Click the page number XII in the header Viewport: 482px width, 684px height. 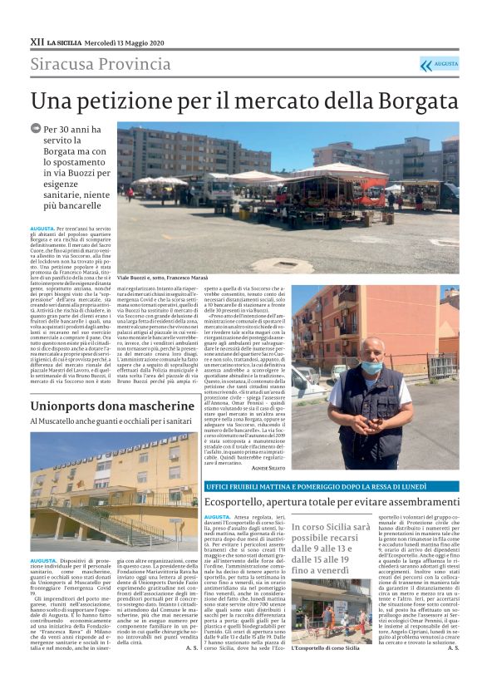(x=37, y=41)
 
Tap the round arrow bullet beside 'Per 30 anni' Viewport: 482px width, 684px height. (x=36, y=129)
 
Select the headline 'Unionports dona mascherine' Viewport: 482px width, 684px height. (x=113, y=405)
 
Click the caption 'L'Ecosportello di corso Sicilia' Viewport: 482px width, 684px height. (x=325, y=670)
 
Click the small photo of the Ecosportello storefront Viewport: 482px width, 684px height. (x=331, y=634)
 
